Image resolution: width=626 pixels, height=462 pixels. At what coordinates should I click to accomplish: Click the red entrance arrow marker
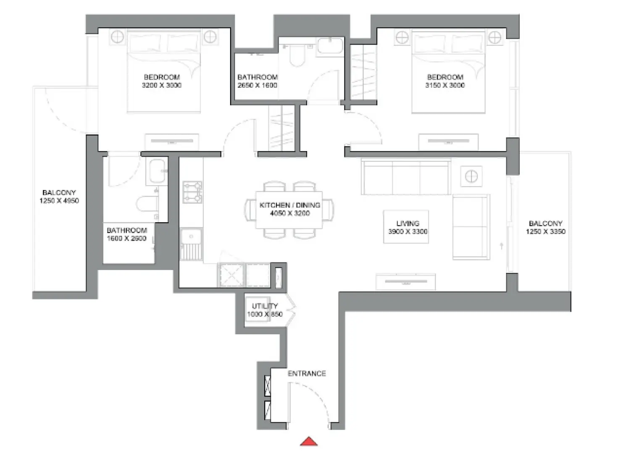click(x=309, y=441)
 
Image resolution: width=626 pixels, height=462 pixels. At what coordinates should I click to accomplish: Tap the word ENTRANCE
click(x=307, y=373)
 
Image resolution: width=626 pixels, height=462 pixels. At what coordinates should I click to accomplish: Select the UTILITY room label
click(x=265, y=306)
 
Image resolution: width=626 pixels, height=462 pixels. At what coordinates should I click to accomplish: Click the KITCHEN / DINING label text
click(x=290, y=205)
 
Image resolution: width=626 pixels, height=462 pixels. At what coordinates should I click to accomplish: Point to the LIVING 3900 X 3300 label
click(x=408, y=227)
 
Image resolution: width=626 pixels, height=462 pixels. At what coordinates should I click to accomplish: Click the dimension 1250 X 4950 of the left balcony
click(x=59, y=201)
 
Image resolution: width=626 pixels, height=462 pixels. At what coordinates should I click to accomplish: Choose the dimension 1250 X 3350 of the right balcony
click(x=545, y=231)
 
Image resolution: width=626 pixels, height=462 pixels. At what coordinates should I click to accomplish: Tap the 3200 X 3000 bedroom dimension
click(x=162, y=85)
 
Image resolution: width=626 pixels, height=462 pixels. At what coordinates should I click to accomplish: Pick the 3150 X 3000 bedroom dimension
click(x=445, y=85)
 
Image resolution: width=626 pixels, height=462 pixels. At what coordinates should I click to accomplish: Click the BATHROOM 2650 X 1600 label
click(x=258, y=81)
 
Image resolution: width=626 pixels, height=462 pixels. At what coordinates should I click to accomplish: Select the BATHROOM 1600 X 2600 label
click(x=126, y=234)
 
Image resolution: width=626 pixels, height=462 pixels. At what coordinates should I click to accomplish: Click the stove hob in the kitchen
click(x=192, y=192)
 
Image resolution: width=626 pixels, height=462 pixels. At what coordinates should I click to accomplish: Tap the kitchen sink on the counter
click(x=191, y=237)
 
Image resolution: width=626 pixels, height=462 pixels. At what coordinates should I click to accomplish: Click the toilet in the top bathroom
click(x=297, y=57)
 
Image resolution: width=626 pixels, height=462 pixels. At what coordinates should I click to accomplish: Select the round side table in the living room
click(x=471, y=176)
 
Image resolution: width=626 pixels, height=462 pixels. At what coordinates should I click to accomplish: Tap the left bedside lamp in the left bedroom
click(x=117, y=37)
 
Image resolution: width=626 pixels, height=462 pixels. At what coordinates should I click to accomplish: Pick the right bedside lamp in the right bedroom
click(x=494, y=38)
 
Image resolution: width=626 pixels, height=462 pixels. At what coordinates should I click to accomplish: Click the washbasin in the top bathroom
click(x=330, y=45)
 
